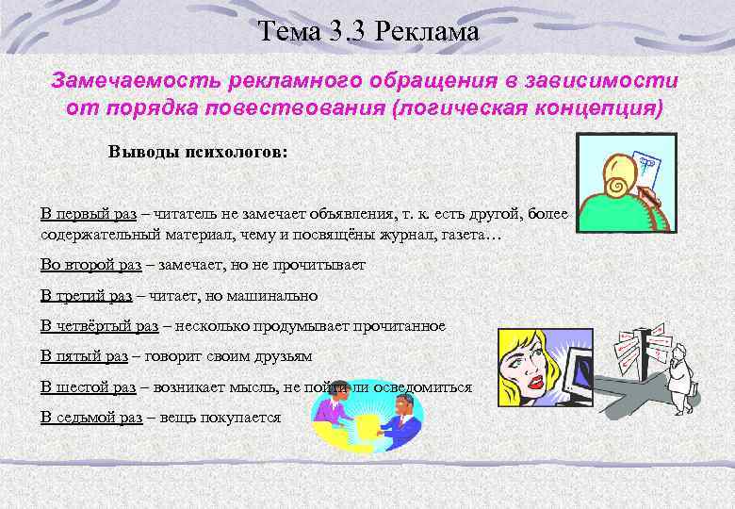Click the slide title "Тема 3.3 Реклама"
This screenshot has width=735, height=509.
point(368,32)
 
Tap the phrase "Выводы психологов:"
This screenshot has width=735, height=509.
point(192,153)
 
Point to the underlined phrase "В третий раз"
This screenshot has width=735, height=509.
point(86,295)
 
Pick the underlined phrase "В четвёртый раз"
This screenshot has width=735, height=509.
point(99,326)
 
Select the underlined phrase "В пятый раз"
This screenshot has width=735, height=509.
point(84,356)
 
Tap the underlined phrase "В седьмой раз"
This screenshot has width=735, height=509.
point(91,417)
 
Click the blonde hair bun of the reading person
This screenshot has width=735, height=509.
point(623,171)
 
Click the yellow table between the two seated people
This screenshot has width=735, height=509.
point(362,419)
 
